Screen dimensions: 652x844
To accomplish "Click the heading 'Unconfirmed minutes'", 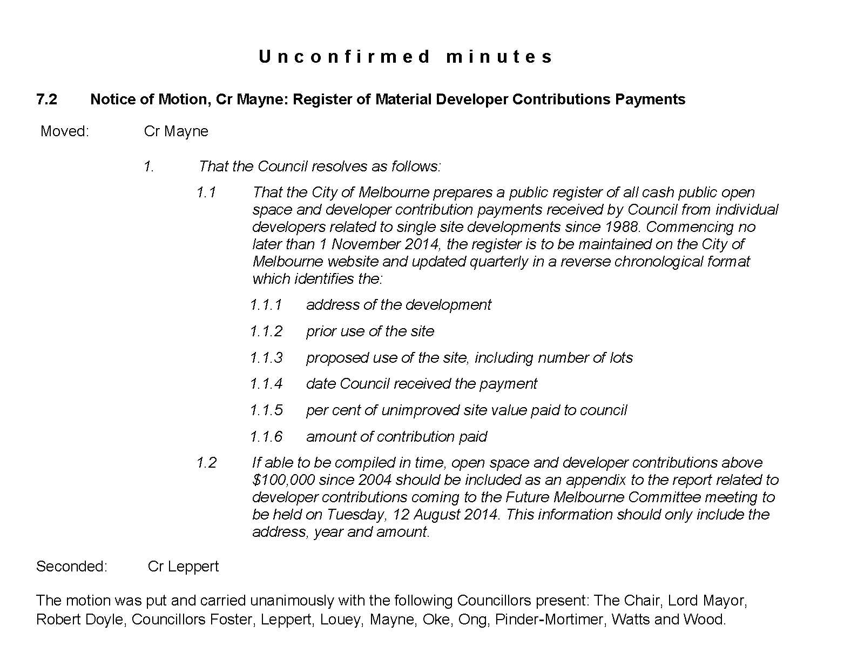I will (x=406, y=57).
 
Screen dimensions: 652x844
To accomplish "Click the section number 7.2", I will (x=47, y=99).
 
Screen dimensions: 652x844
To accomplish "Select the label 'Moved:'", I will (x=65, y=131).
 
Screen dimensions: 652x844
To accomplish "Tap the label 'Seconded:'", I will (x=72, y=566).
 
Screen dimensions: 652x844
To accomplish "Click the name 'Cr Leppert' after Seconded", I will (x=183, y=566).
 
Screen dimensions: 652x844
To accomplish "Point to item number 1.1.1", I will (x=266, y=305).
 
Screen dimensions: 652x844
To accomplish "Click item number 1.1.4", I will (x=266, y=384).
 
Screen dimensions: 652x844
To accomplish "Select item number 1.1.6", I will (x=266, y=437).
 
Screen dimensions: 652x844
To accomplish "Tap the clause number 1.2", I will (x=206, y=463).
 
